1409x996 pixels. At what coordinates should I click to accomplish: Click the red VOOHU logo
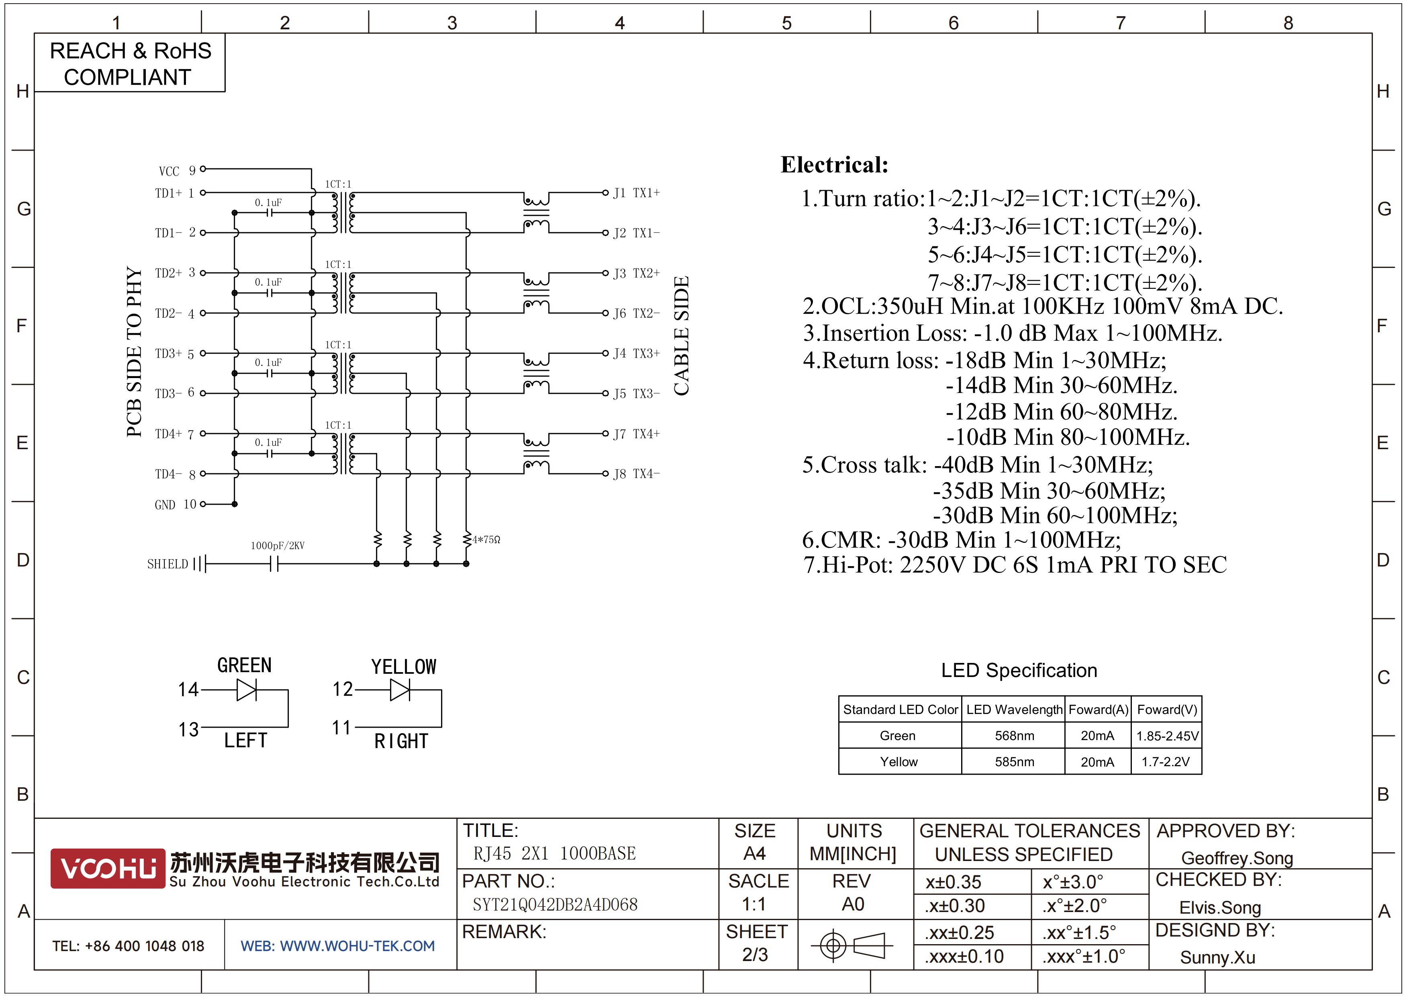[x=108, y=868]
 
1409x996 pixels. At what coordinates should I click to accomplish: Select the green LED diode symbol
[x=247, y=690]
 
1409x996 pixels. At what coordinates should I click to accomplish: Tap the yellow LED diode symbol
[x=400, y=690]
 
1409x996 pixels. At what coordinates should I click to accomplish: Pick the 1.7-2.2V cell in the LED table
[x=1165, y=762]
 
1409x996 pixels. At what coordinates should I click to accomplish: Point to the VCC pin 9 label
[x=177, y=171]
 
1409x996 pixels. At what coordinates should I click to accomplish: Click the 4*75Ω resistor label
[x=486, y=540]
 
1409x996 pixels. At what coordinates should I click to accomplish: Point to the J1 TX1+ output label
[x=636, y=193]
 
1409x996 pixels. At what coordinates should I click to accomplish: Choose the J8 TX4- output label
[x=636, y=474]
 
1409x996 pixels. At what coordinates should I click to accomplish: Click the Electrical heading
[x=834, y=164]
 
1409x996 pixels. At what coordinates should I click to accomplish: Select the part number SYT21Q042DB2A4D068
[x=555, y=904]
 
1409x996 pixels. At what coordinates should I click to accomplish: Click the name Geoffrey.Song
[x=1237, y=858]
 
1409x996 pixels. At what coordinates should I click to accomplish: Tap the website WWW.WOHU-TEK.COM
[x=337, y=946]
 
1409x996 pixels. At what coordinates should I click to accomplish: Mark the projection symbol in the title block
[x=852, y=945]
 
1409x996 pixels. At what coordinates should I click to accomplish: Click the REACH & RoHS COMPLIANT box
[x=130, y=63]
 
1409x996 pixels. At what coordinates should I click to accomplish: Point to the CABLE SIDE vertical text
[x=681, y=335]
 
